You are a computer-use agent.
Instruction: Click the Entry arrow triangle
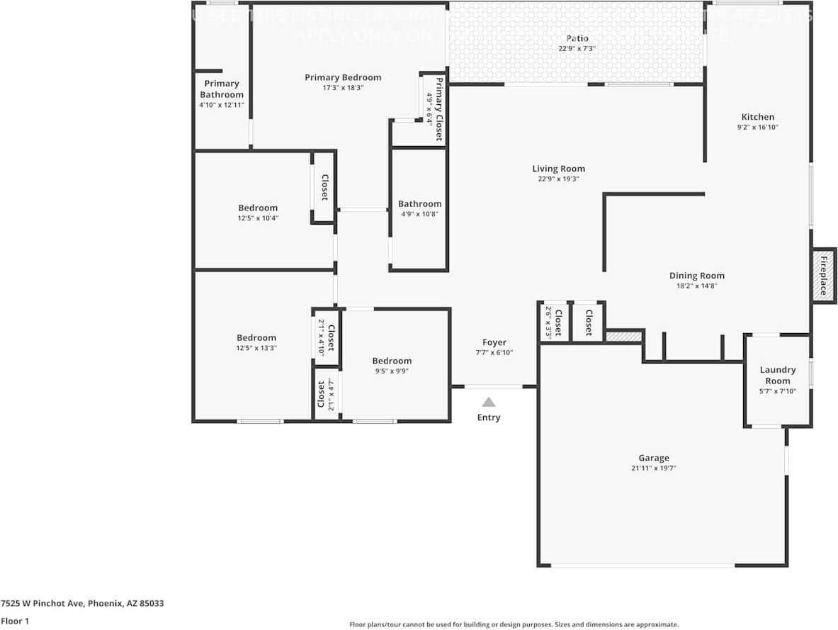click(489, 402)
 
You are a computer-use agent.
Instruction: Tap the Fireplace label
click(824, 276)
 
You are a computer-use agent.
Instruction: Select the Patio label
click(577, 38)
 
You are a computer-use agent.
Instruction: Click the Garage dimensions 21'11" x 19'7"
click(653, 468)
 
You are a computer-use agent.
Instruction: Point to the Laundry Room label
click(778, 375)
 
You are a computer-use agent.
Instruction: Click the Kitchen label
click(757, 117)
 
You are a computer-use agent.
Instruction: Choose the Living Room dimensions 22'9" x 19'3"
click(558, 179)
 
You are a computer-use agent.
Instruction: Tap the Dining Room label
click(697, 276)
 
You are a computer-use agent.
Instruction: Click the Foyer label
click(494, 342)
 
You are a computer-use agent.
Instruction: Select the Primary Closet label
click(439, 110)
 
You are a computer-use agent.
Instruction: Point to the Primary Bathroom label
click(221, 89)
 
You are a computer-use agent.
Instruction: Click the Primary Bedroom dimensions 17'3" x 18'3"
click(343, 88)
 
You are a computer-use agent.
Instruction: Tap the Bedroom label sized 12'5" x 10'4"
click(258, 208)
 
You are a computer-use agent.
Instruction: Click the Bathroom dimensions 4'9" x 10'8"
click(419, 214)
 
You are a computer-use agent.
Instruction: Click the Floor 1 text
click(14, 621)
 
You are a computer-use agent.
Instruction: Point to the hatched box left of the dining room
click(623, 337)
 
